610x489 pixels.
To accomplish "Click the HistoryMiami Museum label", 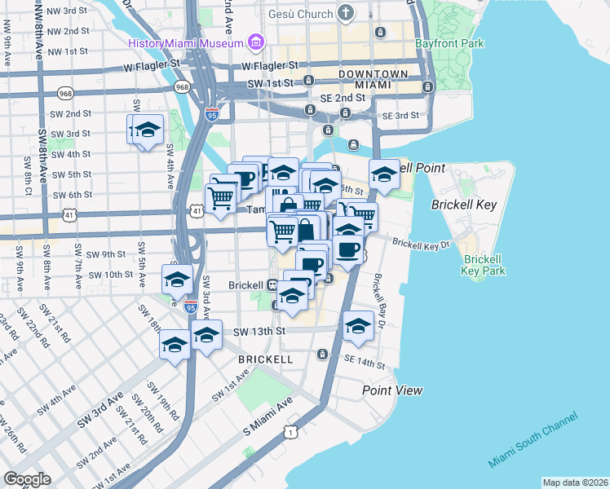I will (186, 42).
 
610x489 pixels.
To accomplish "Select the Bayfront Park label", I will (449, 42).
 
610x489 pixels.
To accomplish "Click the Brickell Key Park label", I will (484, 265).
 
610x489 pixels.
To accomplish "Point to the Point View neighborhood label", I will (392, 390).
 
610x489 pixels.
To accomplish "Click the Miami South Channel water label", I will (533, 440).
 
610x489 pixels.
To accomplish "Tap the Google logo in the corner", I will (27, 479).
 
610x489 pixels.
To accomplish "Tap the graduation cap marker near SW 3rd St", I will (148, 130).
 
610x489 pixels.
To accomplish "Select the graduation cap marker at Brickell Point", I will (383, 174).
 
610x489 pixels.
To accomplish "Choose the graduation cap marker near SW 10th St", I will (177, 280).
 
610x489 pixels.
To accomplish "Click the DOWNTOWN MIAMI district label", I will (375, 79).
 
